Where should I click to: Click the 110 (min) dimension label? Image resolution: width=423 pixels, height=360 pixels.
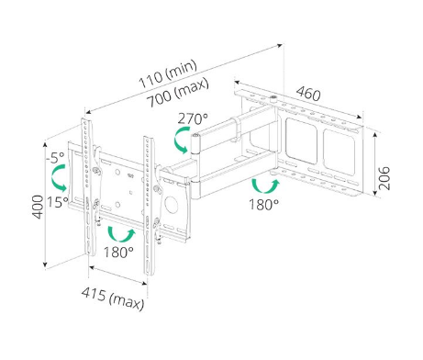tap(168, 73)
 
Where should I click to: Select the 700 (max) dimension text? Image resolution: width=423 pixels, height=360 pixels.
tap(178, 92)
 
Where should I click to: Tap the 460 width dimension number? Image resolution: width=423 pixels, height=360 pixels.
tap(308, 94)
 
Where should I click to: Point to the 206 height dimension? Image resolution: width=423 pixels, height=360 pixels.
tap(384, 178)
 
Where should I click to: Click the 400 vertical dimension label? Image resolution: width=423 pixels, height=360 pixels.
tap(38, 207)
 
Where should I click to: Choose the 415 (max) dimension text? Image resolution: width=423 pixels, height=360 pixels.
tap(113, 298)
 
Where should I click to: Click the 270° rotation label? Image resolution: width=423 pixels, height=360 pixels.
tap(193, 118)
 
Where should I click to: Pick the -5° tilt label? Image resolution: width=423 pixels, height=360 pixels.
tap(55, 157)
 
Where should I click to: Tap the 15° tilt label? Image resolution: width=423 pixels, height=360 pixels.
tap(58, 202)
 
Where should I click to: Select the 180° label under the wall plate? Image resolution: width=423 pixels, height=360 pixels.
tap(263, 204)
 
